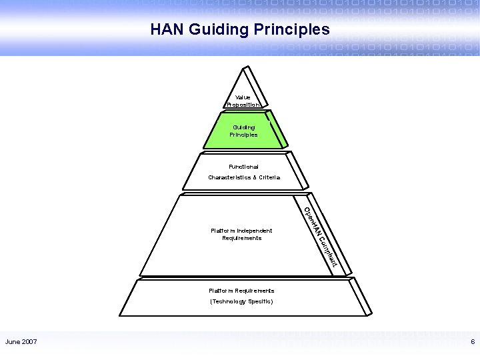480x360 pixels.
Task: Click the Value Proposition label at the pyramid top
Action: [243, 101]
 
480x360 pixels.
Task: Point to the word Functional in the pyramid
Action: [243, 166]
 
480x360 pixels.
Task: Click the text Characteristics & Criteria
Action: [244, 177]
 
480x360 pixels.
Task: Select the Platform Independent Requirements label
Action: [241, 234]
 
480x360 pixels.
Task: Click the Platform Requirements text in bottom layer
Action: [241, 291]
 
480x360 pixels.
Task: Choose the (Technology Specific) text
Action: [241, 301]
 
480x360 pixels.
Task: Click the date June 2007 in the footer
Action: [21, 342]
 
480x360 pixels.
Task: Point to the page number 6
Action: [473, 342]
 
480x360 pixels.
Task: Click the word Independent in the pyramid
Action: [254, 231]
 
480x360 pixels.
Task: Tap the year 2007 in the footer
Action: [29, 342]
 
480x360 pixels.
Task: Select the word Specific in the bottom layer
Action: [258, 301]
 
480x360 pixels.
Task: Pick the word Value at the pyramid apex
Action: [243, 97]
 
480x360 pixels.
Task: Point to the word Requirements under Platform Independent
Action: [241, 238]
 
